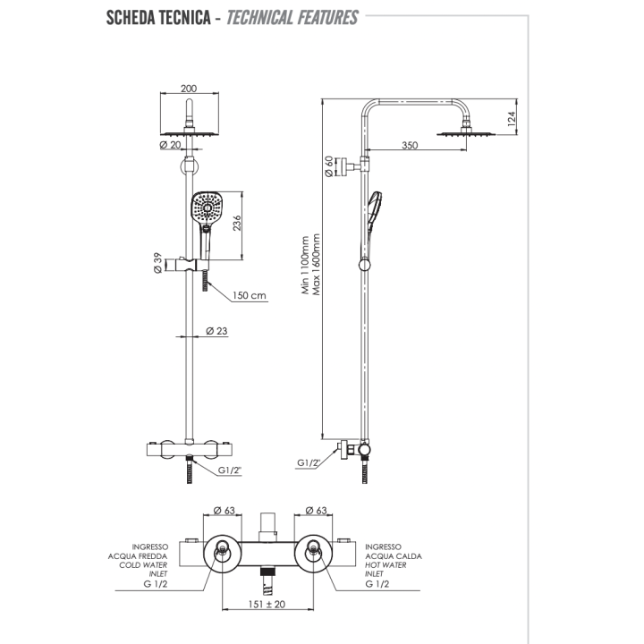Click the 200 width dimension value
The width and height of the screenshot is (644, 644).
coord(188,89)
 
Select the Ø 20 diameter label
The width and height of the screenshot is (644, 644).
coord(170,145)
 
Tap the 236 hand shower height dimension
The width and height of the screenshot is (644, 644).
coord(237,223)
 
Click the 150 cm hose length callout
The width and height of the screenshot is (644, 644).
coord(250,296)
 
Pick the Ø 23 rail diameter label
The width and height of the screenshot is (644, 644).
coord(216,331)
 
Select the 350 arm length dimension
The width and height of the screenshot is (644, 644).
coord(411,145)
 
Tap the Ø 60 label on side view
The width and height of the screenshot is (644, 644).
coord(331,166)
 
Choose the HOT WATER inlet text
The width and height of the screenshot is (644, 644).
coord(384,564)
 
